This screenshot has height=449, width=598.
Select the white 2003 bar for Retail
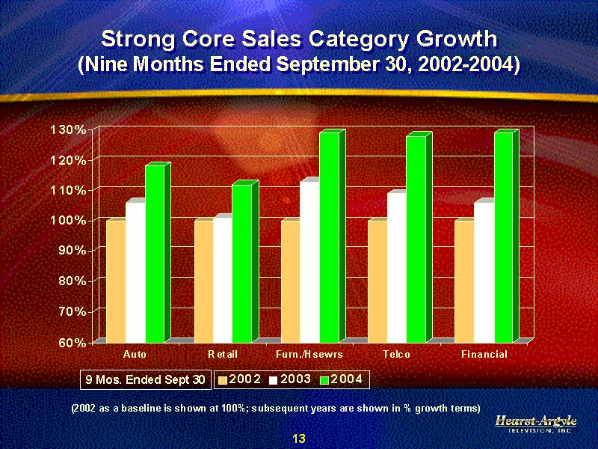tap(222, 280)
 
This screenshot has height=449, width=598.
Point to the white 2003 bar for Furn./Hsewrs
tap(309, 262)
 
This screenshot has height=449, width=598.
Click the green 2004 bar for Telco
tap(416, 239)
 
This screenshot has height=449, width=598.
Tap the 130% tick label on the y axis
tap(68, 129)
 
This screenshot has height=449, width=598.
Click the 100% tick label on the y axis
tap(68, 220)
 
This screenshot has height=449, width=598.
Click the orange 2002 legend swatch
tap(222, 380)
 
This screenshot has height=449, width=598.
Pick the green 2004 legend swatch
tap(324, 380)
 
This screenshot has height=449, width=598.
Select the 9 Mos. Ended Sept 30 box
tap(145, 380)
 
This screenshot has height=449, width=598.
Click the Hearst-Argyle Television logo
tap(536, 424)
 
